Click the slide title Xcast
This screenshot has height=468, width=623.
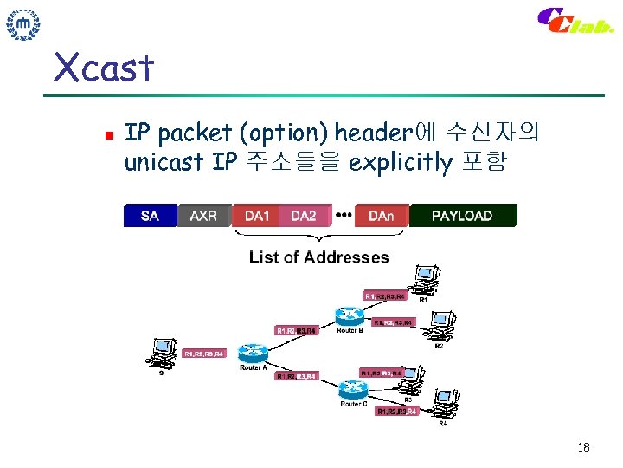tap(103, 67)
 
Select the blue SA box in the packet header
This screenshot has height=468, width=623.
tap(151, 215)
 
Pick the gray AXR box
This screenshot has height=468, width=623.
tap(203, 215)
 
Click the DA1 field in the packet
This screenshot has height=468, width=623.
tap(257, 215)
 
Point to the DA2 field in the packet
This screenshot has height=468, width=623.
tap(305, 215)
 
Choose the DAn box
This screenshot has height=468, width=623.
tap(381, 215)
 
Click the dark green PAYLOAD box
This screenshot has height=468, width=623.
tap(462, 215)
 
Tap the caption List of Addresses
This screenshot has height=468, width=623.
tap(318, 257)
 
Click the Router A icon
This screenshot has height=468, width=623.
tap(254, 354)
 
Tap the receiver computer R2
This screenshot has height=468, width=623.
tap(440, 327)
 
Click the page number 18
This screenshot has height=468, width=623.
tap(582, 447)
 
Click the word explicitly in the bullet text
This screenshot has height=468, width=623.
tap(400, 162)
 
